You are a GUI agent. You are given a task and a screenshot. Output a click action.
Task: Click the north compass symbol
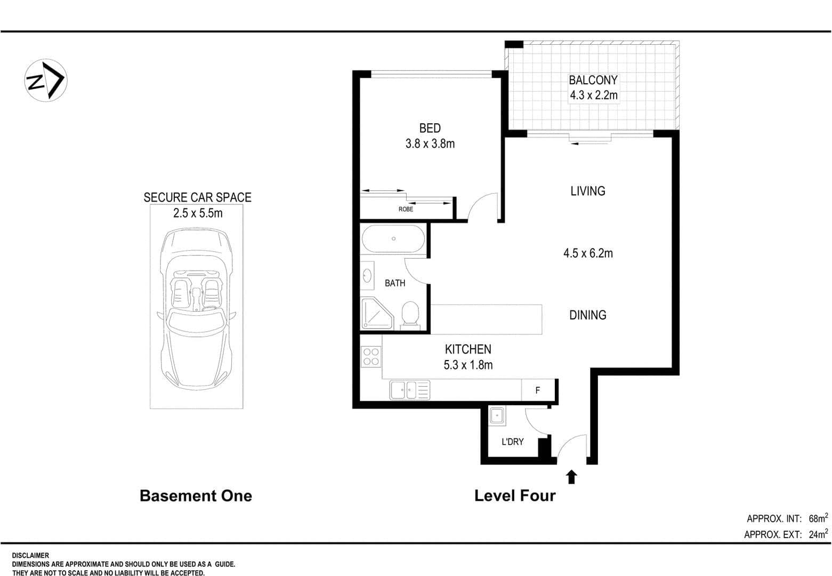[46, 81]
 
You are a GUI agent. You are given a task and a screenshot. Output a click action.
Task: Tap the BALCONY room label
[593, 80]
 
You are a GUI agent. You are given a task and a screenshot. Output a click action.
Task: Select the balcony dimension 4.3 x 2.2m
[594, 95]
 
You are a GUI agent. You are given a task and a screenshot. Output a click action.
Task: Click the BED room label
[430, 128]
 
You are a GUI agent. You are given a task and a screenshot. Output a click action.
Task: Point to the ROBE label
[406, 209]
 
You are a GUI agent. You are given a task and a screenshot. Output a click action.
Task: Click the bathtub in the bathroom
[393, 238]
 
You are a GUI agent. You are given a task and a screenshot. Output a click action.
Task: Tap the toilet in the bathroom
[410, 315]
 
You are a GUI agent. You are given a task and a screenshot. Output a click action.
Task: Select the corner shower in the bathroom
[377, 313]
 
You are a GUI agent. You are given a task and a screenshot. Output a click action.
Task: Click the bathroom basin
[367, 276]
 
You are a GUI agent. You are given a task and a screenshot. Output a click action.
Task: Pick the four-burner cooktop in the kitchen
[370, 356]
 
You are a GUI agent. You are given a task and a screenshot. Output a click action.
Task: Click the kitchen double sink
[409, 390]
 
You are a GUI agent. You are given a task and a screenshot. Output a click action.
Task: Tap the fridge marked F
[538, 390]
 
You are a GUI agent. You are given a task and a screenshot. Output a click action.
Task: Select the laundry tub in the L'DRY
[497, 415]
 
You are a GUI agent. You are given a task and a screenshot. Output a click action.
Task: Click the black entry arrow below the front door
[571, 477]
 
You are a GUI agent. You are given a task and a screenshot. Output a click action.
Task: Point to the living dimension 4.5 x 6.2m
[587, 253]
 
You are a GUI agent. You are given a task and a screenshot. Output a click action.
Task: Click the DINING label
[587, 315]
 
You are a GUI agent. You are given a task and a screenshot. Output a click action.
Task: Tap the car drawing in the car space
[197, 308]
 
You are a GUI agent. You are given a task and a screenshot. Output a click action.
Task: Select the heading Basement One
[196, 495]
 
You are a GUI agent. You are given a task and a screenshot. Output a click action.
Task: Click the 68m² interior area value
[818, 518]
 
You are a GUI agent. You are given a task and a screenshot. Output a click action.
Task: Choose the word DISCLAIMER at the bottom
[30, 556]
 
